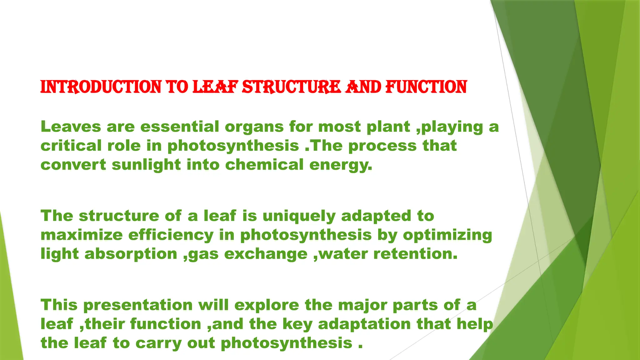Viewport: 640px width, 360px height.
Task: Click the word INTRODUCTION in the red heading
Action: point(101,87)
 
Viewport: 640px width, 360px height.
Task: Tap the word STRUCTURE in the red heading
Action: point(291,87)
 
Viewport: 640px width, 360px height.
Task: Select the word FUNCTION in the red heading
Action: point(426,87)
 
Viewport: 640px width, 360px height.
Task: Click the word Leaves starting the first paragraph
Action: point(71,127)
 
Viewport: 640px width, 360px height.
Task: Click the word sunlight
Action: point(146,165)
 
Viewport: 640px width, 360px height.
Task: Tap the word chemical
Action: point(264,165)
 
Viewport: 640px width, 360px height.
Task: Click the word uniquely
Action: point(299,216)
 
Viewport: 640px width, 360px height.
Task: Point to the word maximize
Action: point(82,235)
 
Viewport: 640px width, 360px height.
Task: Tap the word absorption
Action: point(131,254)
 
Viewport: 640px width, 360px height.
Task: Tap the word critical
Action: point(71,146)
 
